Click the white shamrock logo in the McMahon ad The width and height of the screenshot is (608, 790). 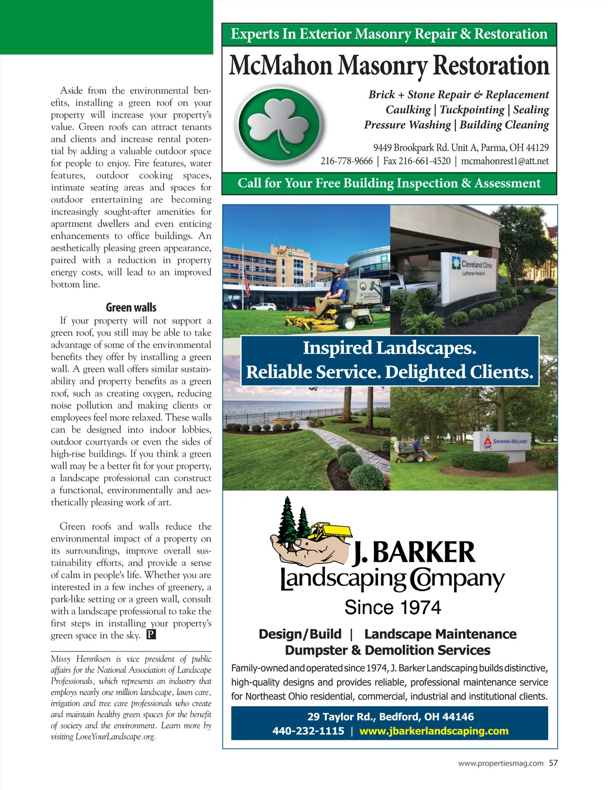(279, 126)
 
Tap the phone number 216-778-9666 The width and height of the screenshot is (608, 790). (347, 161)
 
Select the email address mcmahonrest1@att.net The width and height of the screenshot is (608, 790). (505, 161)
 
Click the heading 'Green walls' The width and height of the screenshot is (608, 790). (131, 307)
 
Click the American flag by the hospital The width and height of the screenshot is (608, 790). (246, 279)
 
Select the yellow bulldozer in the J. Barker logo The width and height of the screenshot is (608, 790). (329, 531)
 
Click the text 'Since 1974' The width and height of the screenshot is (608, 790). (393, 607)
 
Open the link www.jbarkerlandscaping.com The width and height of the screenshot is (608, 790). (434, 731)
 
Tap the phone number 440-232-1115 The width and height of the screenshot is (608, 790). (308, 731)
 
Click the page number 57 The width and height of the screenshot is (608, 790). (553, 763)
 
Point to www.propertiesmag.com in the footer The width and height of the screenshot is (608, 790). (501, 763)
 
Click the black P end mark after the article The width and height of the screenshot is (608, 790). (151, 635)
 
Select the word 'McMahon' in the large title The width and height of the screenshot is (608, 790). (281, 66)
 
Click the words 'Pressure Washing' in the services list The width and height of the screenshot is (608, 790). (407, 125)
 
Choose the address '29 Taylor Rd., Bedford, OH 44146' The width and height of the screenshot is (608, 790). (390, 717)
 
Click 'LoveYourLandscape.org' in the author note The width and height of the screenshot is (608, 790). (115, 737)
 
